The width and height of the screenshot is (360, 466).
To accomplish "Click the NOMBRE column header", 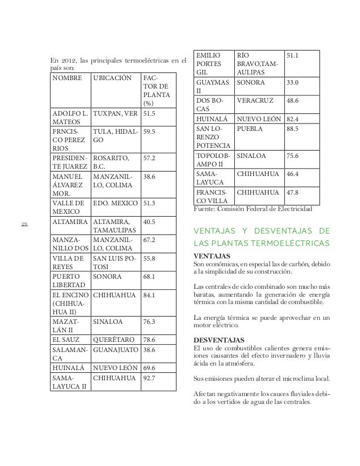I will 67,78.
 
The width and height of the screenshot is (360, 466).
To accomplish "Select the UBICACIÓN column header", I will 112,78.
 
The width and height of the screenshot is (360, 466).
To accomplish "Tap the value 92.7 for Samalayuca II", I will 150,377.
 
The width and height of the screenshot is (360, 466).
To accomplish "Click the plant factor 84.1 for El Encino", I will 150,294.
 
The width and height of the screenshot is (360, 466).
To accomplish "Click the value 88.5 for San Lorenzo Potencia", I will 292,128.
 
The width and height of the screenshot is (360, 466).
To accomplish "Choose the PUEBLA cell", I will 249,128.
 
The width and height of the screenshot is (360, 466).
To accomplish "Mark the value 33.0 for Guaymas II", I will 292,82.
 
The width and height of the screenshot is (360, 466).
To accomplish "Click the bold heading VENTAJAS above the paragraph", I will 212,256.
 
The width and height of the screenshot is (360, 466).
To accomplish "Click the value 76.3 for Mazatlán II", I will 150,322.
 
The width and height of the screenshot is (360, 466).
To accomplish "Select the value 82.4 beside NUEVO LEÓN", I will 292,120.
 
